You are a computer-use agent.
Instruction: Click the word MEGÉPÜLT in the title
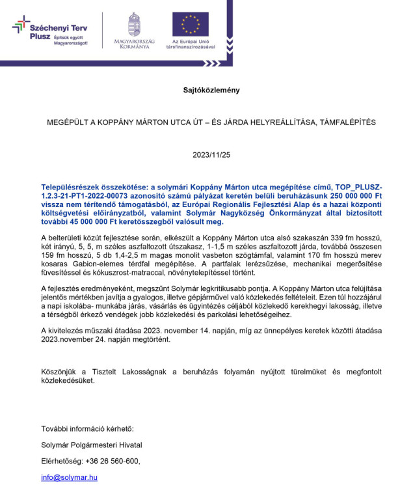(66, 122)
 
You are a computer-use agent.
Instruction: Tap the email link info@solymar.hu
(69, 477)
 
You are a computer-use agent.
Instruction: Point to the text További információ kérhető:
(87, 428)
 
